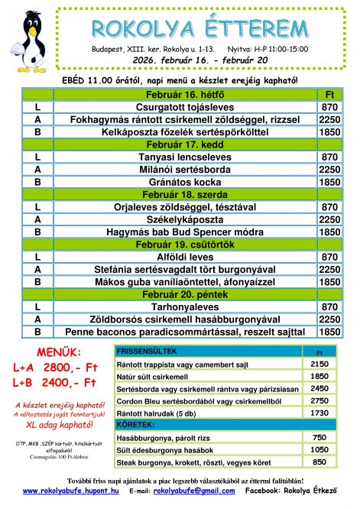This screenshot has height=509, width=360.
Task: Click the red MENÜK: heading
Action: click(54, 352)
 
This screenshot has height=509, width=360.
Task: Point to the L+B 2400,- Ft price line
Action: click(54, 381)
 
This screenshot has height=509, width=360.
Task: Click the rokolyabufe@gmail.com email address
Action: click(192, 490)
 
